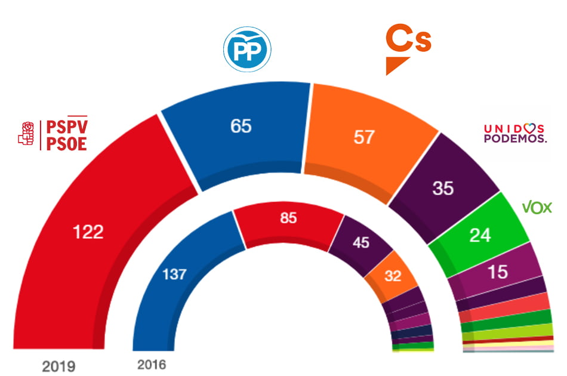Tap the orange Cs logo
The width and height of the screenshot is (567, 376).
pos(408,48)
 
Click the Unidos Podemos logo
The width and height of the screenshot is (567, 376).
pos(514,133)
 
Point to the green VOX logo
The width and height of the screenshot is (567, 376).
pos(537,207)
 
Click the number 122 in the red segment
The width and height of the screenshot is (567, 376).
pos(88,232)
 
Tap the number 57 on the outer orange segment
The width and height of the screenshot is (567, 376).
pos(363,137)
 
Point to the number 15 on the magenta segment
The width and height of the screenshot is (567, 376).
pos(497,272)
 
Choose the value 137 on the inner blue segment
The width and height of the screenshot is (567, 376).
pos(174,275)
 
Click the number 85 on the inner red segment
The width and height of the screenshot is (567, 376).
pos(288,218)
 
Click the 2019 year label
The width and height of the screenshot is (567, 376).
pos(59,365)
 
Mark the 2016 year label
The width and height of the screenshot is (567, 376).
pos(151,364)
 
